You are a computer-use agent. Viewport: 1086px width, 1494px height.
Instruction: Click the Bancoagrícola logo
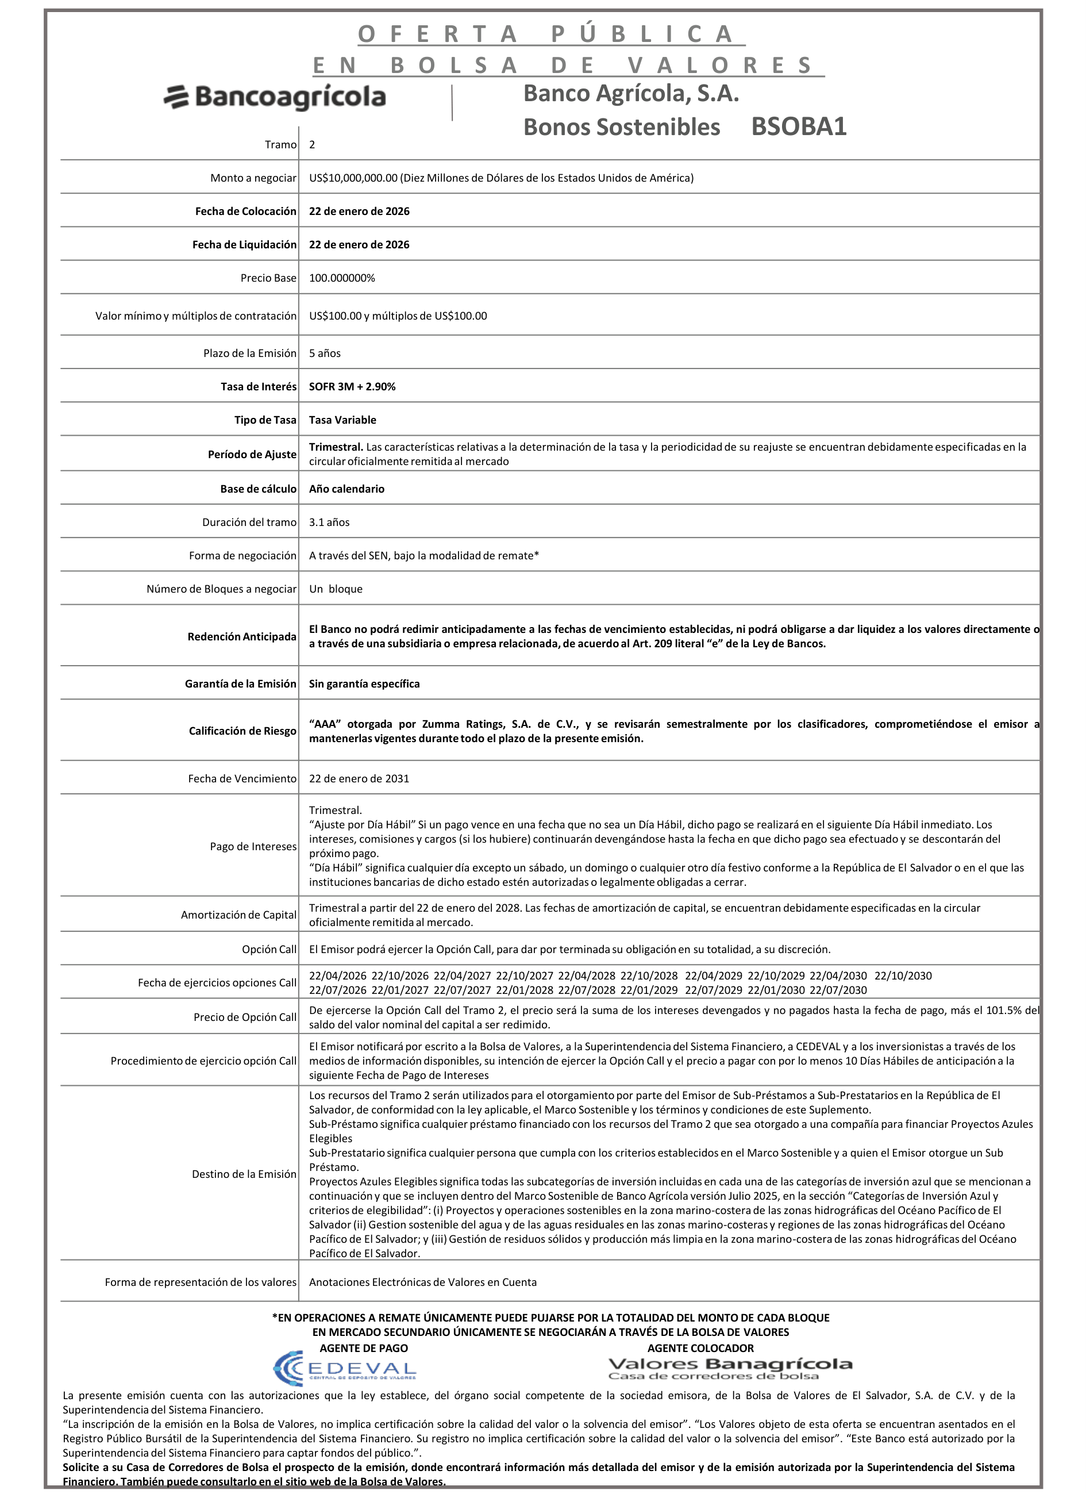pyautogui.click(x=275, y=98)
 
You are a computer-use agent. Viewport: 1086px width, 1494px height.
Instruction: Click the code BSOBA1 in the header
pyautogui.click(x=798, y=126)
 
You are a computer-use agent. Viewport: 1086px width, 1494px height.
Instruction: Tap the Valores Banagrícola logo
pyautogui.click(x=730, y=1368)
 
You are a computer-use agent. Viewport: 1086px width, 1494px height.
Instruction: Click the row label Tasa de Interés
pyautogui.click(x=258, y=387)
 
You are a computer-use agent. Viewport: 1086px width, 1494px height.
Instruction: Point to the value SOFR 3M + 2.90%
pyautogui.click(x=352, y=387)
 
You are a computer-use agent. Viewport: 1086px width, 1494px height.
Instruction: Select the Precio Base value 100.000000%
pyautogui.click(x=342, y=278)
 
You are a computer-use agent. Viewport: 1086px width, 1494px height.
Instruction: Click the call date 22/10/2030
pyautogui.click(x=903, y=975)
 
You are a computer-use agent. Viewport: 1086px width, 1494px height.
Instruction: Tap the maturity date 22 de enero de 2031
pyautogui.click(x=359, y=779)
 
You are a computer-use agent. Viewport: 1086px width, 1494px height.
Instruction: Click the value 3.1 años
pyautogui.click(x=329, y=523)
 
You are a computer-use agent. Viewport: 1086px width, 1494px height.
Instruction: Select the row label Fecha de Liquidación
pyautogui.click(x=244, y=245)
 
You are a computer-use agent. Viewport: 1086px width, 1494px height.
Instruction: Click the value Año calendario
pyautogui.click(x=346, y=489)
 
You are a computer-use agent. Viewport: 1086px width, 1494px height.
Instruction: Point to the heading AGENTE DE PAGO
pyautogui.click(x=364, y=1349)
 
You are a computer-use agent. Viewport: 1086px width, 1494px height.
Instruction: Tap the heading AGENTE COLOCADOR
pyautogui.click(x=700, y=1349)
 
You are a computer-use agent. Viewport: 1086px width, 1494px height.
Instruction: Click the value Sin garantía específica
pyautogui.click(x=364, y=683)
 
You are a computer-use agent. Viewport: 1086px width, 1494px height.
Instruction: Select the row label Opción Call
pyautogui.click(x=269, y=949)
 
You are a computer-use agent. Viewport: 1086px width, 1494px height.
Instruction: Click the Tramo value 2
pyautogui.click(x=312, y=145)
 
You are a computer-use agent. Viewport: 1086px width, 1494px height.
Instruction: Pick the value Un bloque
pyautogui.click(x=336, y=589)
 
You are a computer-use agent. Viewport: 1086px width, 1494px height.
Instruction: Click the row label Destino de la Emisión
pyautogui.click(x=244, y=1174)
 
